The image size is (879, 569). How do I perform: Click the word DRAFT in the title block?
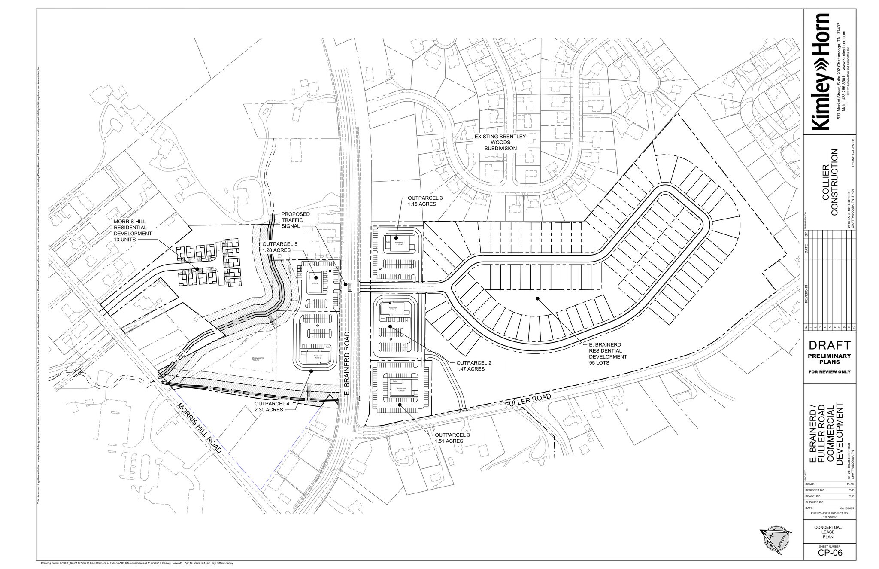(x=830, y=345)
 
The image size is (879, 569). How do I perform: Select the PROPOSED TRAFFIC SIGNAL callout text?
(x=295, y=220)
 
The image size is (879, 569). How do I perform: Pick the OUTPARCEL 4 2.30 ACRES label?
(x=272, y=407)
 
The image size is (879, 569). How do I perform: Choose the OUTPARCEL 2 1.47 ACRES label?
(x=473, y=366)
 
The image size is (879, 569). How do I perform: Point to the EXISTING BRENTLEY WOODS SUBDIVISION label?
(x=500, y=142)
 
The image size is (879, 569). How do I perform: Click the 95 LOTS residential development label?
(x=607, y=353)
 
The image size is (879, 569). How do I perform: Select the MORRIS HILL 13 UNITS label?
(x=133, y=231)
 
